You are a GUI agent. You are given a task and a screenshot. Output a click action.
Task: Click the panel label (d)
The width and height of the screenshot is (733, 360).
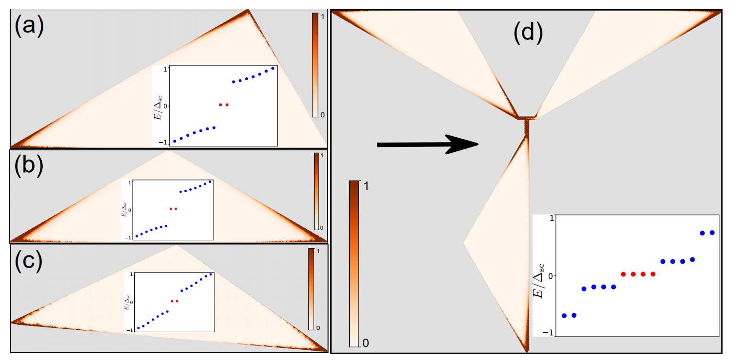coord(528,33)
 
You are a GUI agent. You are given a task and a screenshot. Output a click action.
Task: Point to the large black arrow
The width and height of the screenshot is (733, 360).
coord(428,144)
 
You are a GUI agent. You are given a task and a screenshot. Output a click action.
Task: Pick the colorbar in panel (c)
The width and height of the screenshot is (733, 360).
coord(311,289)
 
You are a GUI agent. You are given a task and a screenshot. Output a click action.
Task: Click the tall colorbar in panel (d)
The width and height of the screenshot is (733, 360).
coord(354,263)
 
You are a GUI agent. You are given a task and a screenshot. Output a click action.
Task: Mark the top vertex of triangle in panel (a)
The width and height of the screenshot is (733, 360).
coord(248,10)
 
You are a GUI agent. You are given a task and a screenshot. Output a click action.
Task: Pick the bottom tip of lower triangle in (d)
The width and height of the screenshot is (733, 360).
coord(526,350)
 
